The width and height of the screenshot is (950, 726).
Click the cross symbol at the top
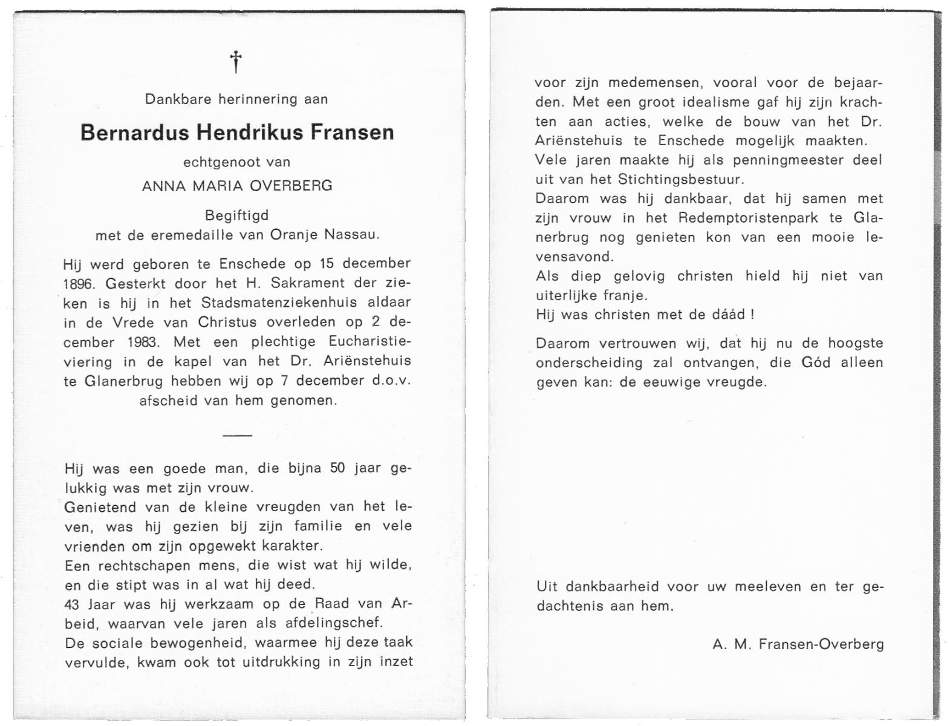tap(235, 62)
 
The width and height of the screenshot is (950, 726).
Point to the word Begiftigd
tap(236, 215)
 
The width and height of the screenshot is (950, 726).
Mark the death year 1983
tap(143, 342)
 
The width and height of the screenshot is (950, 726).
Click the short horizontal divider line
tap(237, 435)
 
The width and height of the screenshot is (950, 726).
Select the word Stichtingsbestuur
tap(680, 179)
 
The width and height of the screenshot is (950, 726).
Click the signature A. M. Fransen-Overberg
tap(798, 644)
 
